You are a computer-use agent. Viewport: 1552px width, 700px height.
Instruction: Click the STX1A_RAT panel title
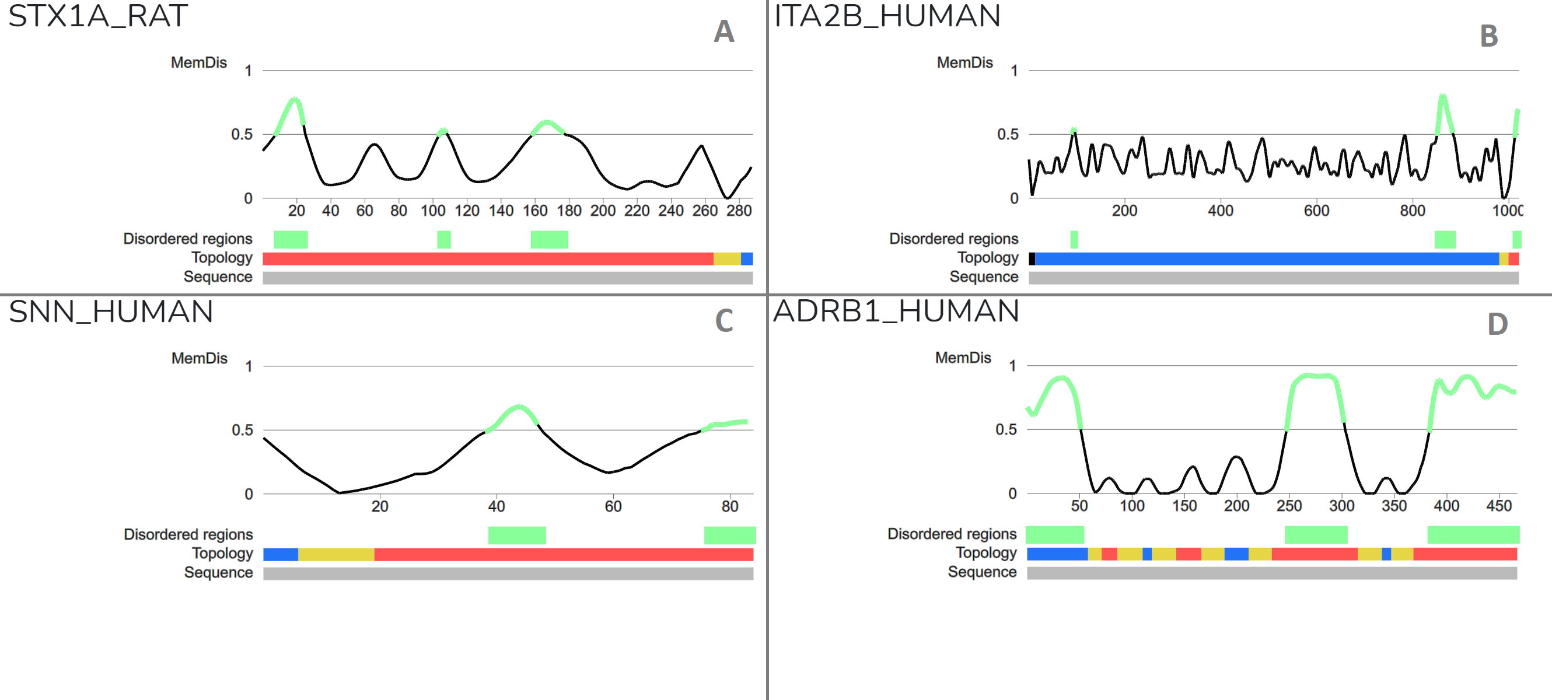[97, 16]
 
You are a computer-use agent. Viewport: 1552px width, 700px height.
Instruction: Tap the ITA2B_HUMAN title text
[886, 16]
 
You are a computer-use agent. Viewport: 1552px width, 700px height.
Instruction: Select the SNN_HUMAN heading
[111, 311]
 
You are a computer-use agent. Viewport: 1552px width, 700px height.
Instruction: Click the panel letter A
[723, 32]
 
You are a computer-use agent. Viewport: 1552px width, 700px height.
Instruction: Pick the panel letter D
[1497, 324]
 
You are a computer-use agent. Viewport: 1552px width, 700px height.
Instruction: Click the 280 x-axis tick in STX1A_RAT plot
[739, 211]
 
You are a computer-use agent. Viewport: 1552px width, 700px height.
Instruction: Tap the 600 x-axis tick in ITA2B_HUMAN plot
[1316, 211]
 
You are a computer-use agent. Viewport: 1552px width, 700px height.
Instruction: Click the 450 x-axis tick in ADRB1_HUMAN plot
[1498, 506]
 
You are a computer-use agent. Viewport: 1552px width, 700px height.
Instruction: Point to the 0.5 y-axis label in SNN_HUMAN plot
[242, 430]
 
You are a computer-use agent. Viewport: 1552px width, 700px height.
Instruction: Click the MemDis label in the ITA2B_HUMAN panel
[964, 62]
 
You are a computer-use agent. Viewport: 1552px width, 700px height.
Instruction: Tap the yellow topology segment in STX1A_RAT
[726, 259]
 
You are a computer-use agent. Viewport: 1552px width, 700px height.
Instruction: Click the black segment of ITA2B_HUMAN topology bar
[1032, 259]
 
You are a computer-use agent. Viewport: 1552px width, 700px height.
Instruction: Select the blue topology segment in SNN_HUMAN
[280, 555]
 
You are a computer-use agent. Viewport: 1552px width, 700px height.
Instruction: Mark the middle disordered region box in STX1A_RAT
[443, 240]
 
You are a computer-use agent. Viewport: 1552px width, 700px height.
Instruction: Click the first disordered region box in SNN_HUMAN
[516, 535]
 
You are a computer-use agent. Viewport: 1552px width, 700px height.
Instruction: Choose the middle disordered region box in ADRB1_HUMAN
[1316, 535]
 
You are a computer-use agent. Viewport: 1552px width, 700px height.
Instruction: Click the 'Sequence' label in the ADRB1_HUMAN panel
[981, 572]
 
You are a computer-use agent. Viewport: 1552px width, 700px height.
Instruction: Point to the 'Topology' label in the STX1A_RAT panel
[222, 258]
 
